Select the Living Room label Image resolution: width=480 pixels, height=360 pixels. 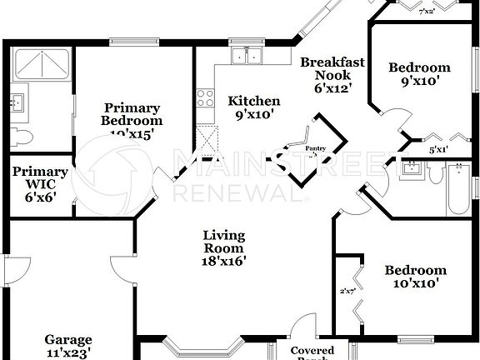(223, 247)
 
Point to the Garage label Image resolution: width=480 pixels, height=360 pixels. (68, 345)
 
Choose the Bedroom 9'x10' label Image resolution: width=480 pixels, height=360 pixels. (420, 74)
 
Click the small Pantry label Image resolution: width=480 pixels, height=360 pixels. (315, 148)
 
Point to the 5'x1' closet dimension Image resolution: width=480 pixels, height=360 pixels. (437, 150)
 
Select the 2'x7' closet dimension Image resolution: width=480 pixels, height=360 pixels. (347, 291)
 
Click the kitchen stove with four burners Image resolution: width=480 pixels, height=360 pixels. (204, 98)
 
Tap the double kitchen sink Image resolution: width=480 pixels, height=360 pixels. (247, 56)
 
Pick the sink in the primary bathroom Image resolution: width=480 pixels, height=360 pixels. (17, 102)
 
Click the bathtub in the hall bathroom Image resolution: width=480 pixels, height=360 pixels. (457, 191)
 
